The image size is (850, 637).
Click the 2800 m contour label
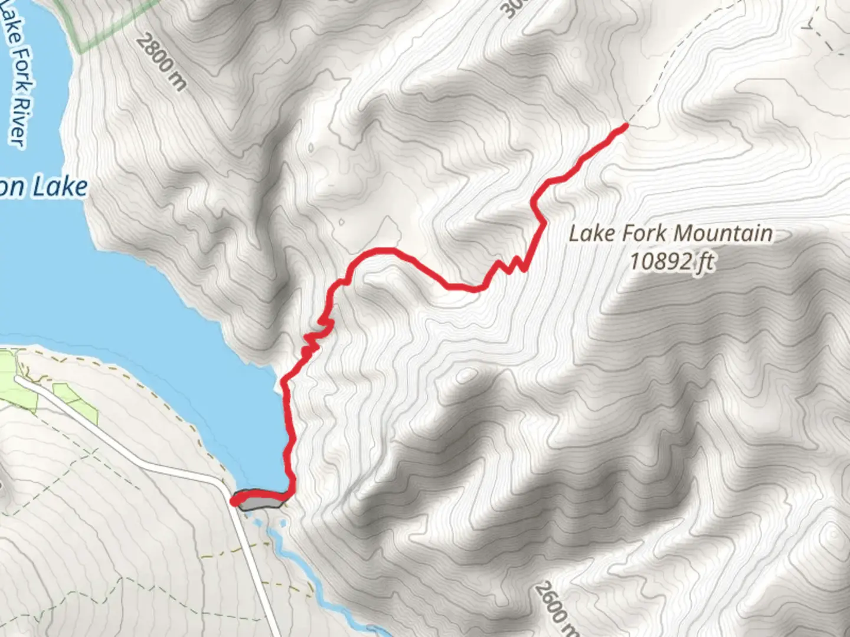coord(161,63)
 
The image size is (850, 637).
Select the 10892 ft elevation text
coord(671,261)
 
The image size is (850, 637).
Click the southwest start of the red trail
coord(234,502)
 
